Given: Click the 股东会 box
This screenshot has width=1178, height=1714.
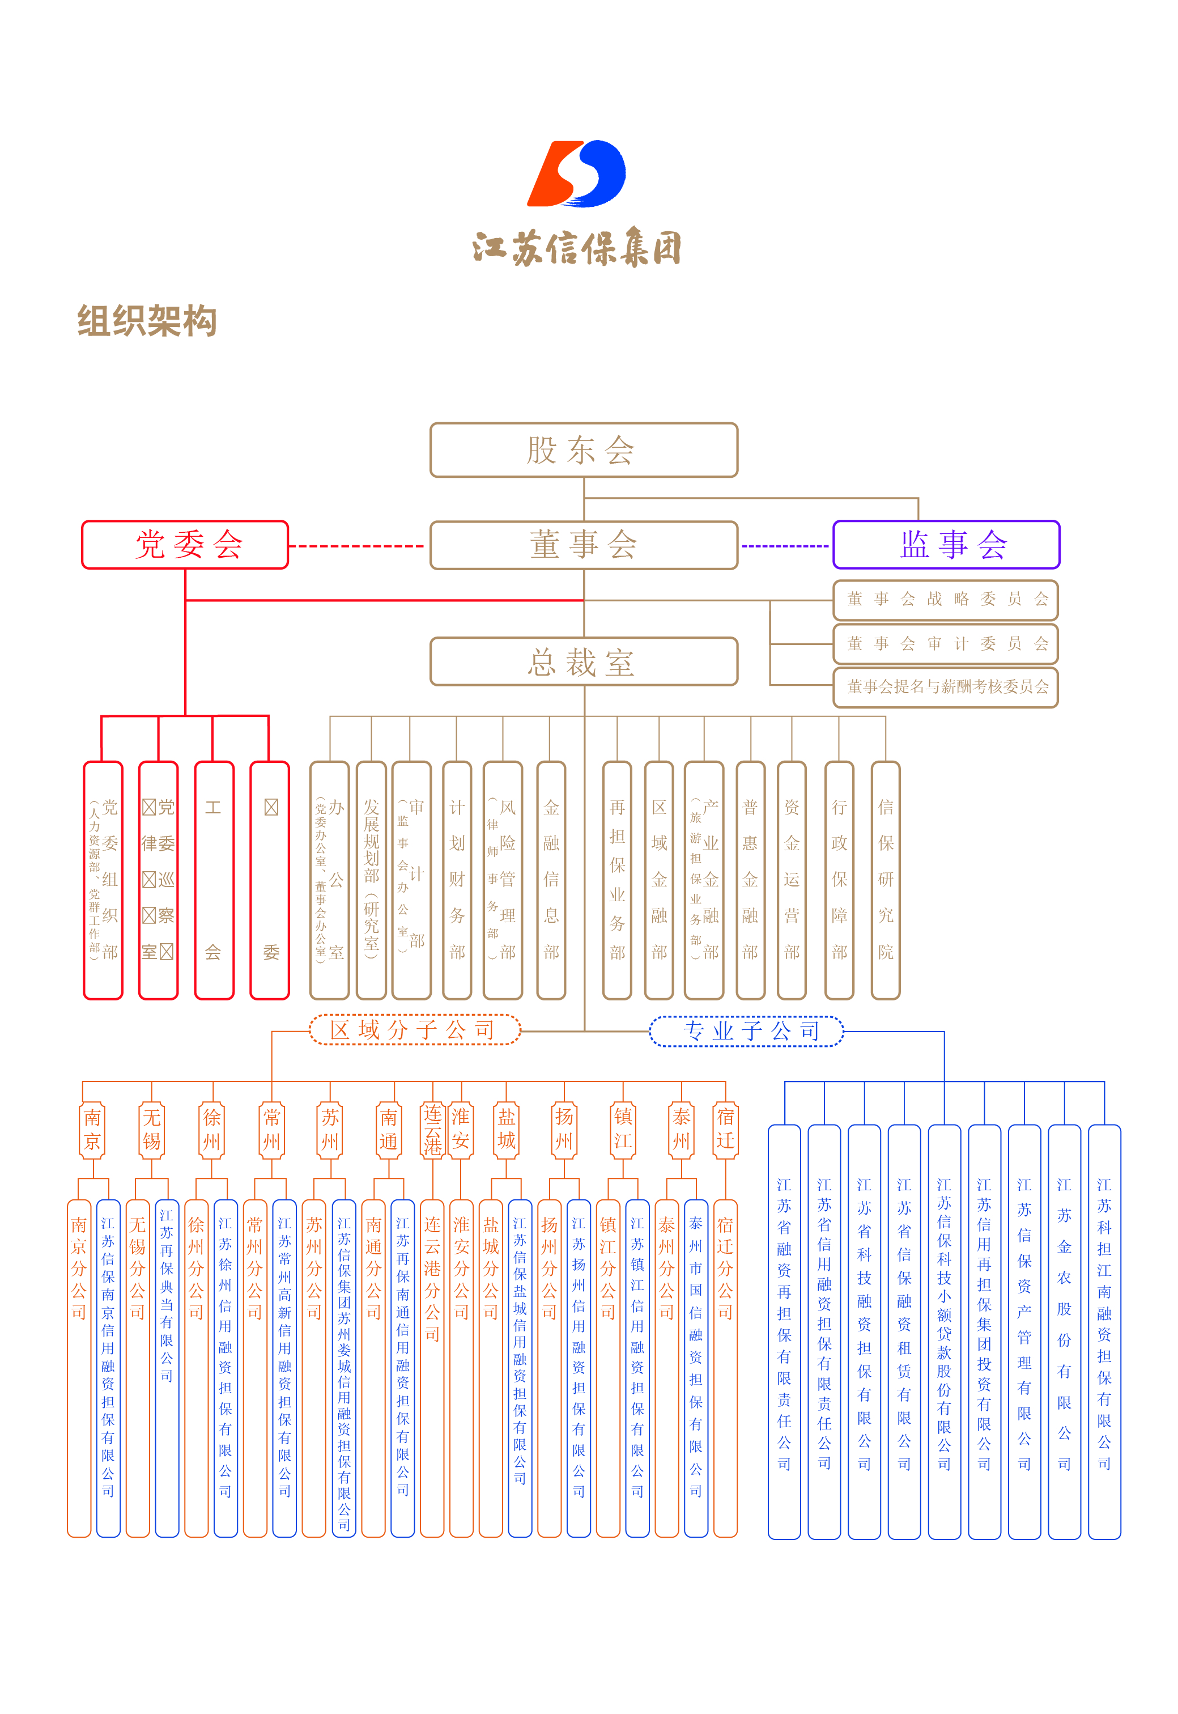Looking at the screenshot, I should coord(583,449).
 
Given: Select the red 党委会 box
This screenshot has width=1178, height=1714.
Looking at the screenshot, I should coord(185,545).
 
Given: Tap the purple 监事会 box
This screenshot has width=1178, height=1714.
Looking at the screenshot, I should coord(946,545).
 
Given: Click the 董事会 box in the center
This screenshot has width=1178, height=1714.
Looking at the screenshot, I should coord(583,545).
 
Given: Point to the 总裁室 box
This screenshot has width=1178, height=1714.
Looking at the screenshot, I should coord(583,661).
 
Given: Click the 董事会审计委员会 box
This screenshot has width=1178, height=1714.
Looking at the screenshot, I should coord(946,644).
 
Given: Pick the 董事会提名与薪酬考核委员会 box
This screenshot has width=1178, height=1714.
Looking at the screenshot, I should coord(946,687).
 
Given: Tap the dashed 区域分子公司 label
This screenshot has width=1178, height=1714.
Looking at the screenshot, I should coord(414,1030).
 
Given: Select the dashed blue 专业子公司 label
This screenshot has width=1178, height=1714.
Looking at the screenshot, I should coord(746,1031).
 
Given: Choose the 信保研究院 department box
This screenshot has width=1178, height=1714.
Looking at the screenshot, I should coord(886,880).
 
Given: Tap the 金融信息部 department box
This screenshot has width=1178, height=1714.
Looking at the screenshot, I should coord(551,880).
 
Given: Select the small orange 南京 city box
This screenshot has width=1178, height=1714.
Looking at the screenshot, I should coord(92,1130).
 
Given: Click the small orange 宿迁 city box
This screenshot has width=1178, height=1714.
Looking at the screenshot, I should coord(725,1130).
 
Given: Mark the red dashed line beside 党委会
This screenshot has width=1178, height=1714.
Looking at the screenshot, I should coord(356,546).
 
